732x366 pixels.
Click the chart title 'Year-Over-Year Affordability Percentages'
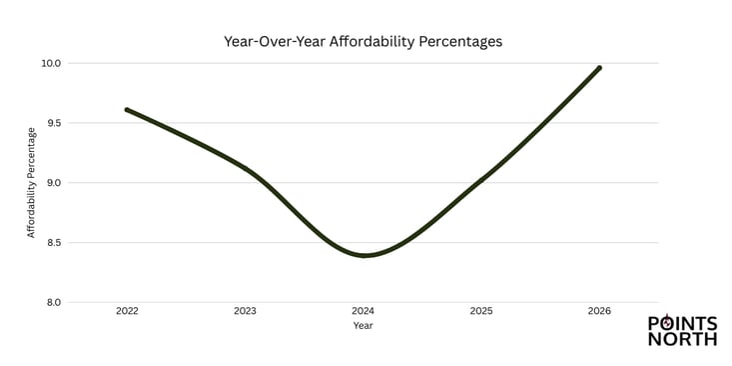click(x=364, y=42)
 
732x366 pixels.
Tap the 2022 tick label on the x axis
click(x=127, y=312)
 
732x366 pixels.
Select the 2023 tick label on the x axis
click(x=245, y=312)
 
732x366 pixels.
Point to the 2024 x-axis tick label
click(x=364, y=312)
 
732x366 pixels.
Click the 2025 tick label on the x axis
click(x=481, y=312)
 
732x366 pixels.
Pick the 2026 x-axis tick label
click(x=599, y=312)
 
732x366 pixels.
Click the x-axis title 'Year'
click(x=364, y=326)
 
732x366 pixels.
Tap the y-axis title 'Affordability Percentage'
click(x=31, y=182)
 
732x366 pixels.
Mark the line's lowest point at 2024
click(x=366, y=255)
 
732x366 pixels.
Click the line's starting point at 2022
click(x=127, y=110)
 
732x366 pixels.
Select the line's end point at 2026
click(x=599, y=68)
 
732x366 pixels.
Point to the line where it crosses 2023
click(x=246, y=167)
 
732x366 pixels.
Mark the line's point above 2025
click(x=481, y=181)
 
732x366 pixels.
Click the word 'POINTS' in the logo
click(x=683, y=324)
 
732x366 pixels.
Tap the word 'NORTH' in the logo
click(x=683, y=339)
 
